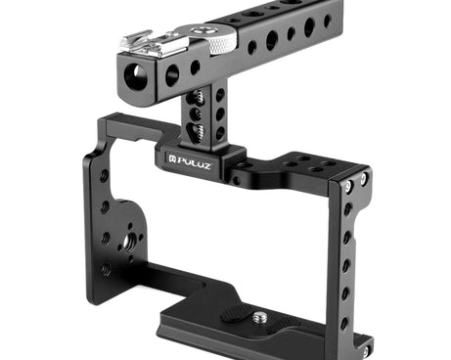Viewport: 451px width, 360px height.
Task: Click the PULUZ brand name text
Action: (x=194, y=162)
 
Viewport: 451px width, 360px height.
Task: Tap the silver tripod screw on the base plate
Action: (x=259, y=316)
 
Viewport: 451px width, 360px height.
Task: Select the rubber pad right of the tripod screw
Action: (x=283, y=325)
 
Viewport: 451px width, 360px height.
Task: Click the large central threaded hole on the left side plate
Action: (x=125, y=242)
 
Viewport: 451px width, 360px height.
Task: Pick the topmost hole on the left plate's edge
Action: (x=105, y=176)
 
